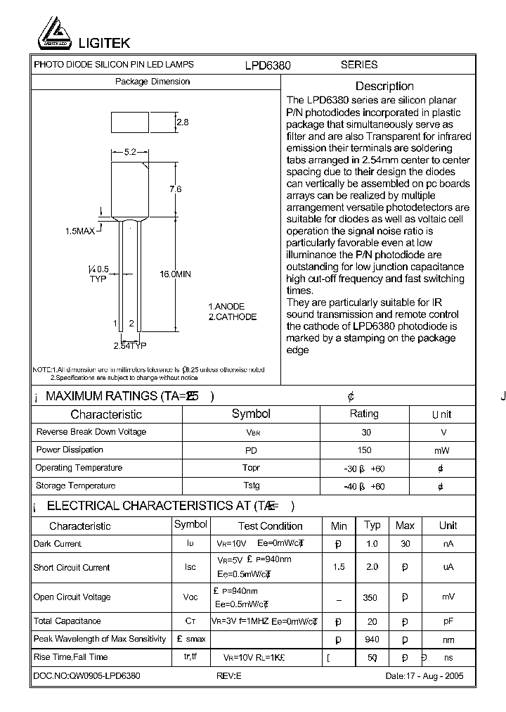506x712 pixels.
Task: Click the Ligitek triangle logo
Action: [x=52, y=32]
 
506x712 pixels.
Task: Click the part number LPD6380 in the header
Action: [x=268, y=65]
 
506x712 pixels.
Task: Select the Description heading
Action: [x=384, y=86]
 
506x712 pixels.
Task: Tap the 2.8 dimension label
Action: [x=182, y=122]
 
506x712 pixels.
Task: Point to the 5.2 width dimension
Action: [x=129, y=151]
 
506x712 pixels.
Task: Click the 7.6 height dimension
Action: [x=176, y=189]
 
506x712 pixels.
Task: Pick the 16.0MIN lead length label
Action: [x=175, y=274]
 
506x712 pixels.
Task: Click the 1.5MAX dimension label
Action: [x=80, y=231]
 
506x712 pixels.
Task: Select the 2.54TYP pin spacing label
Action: [x=130, y=346]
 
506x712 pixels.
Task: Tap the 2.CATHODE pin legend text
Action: [x=233, y=317]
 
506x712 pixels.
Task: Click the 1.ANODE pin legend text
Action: [x=226, y=307]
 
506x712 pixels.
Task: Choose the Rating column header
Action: [x=364, y=414]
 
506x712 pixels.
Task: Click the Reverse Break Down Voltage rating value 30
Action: [x=365, y=432]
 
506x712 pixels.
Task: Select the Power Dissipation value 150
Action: [x=365, y=450]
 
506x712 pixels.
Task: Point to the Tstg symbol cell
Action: [x=251, y=486]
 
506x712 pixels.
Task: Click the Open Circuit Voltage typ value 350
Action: [x=370, y=598]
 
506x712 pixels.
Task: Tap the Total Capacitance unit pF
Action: [x=448, y=622]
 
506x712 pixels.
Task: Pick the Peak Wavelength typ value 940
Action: [x=372, y=640]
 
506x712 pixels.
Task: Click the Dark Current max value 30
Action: [x=405, y=544]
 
